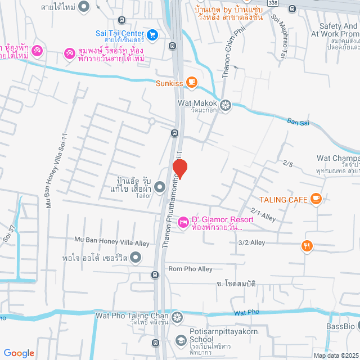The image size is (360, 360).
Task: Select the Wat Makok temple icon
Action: tap(226, 104)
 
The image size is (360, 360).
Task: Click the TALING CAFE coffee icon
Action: tap(316, 198)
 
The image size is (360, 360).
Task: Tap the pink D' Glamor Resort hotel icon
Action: tap(183, 223)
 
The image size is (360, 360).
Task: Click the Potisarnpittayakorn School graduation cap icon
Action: tap(181, 340)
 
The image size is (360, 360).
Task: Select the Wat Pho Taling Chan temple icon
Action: tap(177, 317)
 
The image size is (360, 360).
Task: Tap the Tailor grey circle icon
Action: tap(160, 186)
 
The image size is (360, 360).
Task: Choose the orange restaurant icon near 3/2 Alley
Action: tap(307, 245)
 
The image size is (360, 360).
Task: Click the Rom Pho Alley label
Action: tap(191, 269)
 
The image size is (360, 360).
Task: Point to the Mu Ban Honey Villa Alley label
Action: tap(112, 241)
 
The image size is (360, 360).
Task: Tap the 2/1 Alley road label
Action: tap(264, 214)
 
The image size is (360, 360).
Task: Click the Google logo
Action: tap(19, 353)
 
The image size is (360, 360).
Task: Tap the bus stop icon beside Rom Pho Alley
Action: tap(155, 275)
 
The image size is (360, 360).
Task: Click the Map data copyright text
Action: tap(336, 355)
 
